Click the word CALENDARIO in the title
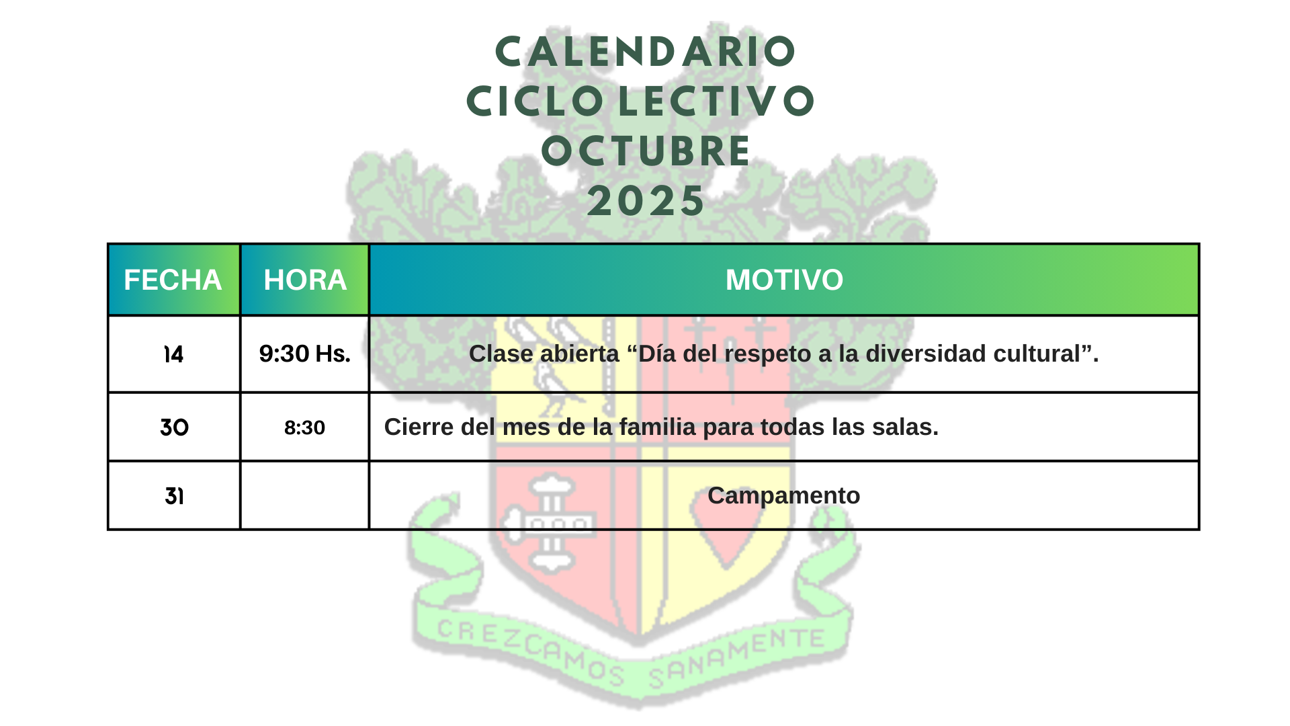click(x=645, y=52)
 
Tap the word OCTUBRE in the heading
click(x=646, y=151)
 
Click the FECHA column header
click(x=173, y=280)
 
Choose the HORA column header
click(x=305, y=280)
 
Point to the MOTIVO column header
click(x=784, y=280)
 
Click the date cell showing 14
click(x=174, y=354)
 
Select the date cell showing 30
click(x=174, y=427)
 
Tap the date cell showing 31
click(x=174, y=496)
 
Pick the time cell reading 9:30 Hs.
click(x=305, y=354)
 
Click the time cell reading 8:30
click(x=305, y=427)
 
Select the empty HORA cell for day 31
click(x=305, y=496)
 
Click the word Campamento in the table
click(x=784, y=496)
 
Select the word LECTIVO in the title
click(x=716, y=102)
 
